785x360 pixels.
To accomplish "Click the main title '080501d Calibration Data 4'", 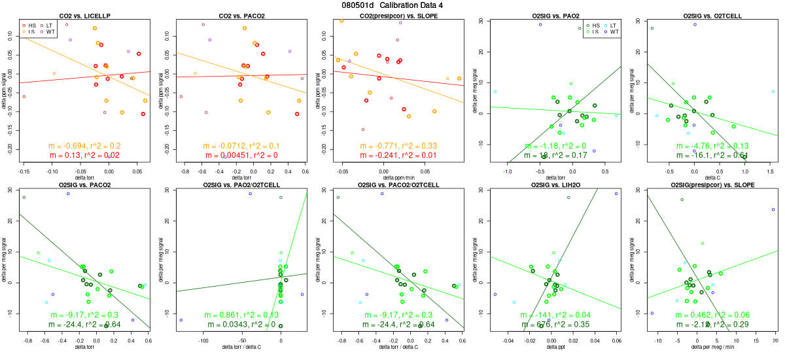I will (x=392, y=5).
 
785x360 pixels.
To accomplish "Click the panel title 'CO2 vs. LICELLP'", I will (x=84, y=14).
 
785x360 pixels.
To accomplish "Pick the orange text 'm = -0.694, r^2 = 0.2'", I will (x=84, y=146).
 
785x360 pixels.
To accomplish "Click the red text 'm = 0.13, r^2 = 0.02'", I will (x=84, y=155).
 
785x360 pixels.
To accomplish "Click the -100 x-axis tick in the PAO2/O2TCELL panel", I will (x=203, y=340).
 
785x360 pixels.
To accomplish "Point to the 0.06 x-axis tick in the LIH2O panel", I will (x=616, y=340).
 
